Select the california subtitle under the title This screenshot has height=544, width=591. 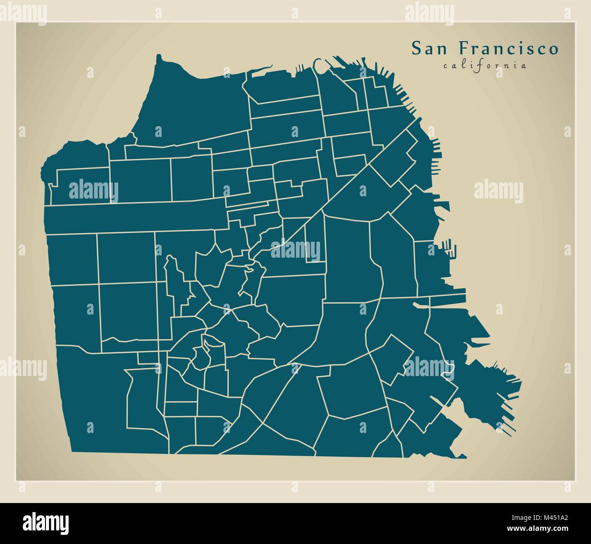pyautogui.click(x=485, y=65)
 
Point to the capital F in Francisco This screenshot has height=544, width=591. pyautogui.click(x=462, y=49)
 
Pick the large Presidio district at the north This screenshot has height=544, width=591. pyautogui.click(x=191, y=105)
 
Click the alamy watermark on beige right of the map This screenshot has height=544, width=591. pyautogui.click(x=498, y=192)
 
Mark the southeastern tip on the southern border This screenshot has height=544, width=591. pyautogui.click(x=464, y=456)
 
